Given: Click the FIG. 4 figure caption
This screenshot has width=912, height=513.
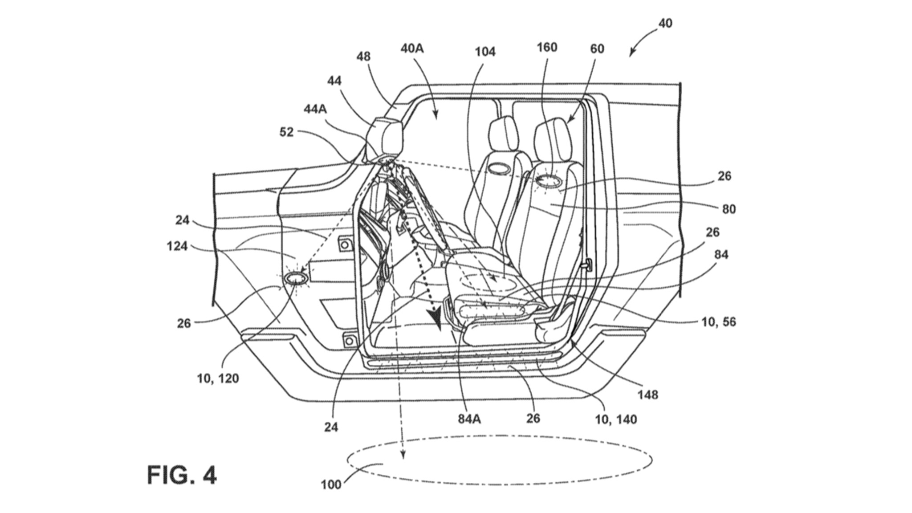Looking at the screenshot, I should pyautogui.click(x=182, y=475).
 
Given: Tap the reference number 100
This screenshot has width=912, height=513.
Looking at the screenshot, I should pyautogui.click(x=331, y=484).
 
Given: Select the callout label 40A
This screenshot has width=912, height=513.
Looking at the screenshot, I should pyautogui.click(x=412, y=48).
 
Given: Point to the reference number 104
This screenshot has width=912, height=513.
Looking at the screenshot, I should pyautogui.click(x=484, y=52).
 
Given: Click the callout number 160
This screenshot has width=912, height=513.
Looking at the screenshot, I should pyautogui.click(x=547, y=47).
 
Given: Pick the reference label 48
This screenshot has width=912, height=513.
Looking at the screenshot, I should pyautogui.click(x=363, y=57).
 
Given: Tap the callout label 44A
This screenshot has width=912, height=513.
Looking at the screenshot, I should pyautogui.click(x=315, y=109).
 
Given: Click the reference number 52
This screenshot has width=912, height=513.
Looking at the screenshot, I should pyautogui.click(x=286, y=132).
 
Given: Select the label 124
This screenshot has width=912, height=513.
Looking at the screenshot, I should pyautogui.click(x=177, y=246).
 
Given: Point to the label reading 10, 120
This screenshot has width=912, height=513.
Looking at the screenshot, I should pyautogui.click(x=218, y=379).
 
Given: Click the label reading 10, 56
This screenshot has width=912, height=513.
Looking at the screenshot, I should pyautogui.click(x=718, y=322).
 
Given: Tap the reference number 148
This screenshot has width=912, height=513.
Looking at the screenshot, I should pyautogui.click(x=647, y=395).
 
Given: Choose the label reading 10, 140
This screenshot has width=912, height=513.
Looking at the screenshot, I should pyautogui.click(x=616, y=419).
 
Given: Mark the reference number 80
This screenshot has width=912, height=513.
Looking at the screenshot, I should pyautogui.click(x=729, y=209).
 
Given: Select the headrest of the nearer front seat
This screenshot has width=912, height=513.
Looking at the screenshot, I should pyautogui.click(x=553, y=142).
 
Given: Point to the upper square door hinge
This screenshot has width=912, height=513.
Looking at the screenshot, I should pyautogui.click(x=345, y=244).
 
